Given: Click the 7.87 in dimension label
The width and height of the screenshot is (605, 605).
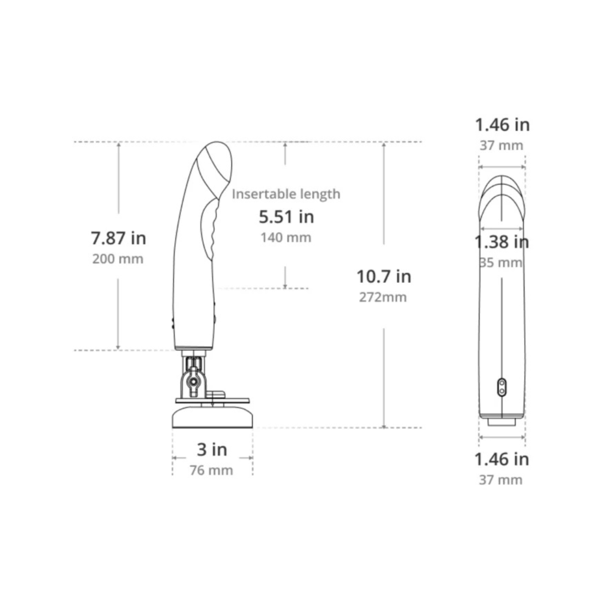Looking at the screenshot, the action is tap(118, 238).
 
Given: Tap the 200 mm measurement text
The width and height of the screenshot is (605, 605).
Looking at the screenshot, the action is tap(118, 259).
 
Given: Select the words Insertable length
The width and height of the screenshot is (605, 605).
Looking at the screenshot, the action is tap(286, 194).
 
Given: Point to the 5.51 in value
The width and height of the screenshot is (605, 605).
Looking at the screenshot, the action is tap(286, 217).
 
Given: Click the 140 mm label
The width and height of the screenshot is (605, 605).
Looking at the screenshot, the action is tap(286, 237).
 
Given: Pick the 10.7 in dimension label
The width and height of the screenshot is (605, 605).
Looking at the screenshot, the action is tap(384, 277).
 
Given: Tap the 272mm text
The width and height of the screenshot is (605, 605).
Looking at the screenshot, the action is tap(383, 297).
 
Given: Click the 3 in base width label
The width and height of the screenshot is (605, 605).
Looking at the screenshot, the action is tap(212, 450).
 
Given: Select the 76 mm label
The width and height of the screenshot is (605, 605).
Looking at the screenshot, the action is tap(211, 470).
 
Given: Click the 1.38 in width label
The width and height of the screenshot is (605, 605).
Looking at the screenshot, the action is tap(501, 242).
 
